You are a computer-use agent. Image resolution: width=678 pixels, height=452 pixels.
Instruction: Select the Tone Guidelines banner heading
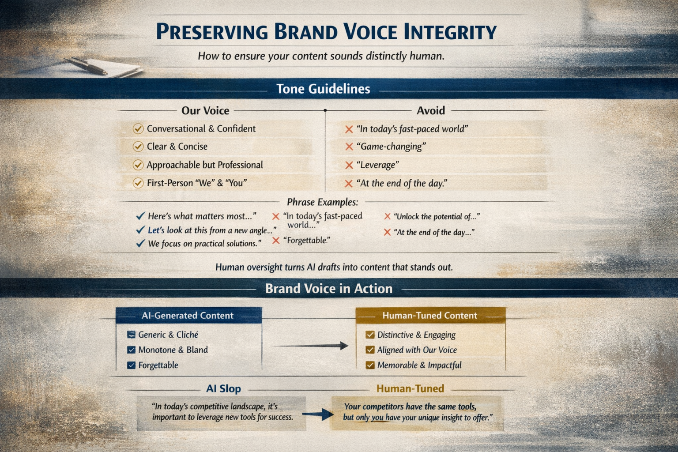tap(323, 89)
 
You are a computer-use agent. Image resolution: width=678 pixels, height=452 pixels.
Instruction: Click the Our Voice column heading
tap(205, 110)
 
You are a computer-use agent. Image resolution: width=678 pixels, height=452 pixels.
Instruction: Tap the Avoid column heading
tap(430, 110)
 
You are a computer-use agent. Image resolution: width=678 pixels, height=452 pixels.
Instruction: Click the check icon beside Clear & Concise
tap(138, 147)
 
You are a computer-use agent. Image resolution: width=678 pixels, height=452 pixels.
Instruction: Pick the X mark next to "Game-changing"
tap(349, 147)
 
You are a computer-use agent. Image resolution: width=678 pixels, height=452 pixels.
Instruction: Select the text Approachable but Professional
tap(204, 165)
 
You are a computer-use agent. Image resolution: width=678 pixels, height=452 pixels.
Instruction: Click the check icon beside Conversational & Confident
tap(138, 129)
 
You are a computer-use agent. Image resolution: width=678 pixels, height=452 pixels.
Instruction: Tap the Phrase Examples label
tap(322, 202)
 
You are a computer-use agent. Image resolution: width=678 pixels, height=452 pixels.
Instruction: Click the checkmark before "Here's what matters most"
tap(140, 216)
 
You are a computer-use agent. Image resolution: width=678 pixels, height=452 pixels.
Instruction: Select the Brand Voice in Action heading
tap(328, 289)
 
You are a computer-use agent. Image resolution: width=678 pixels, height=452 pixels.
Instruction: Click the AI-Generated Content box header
tap(188, 316)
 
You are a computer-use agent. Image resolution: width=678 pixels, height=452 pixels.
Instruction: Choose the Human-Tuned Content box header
tap(429, 316)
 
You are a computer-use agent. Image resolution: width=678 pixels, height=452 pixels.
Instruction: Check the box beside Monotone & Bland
tap(131, 350)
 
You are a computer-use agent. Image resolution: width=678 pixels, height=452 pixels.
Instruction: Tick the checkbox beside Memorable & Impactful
tap(370, 365)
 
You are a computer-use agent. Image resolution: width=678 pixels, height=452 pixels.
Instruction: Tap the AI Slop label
tap(223, 388)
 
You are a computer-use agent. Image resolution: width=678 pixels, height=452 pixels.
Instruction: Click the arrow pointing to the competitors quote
tap(319, 414)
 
